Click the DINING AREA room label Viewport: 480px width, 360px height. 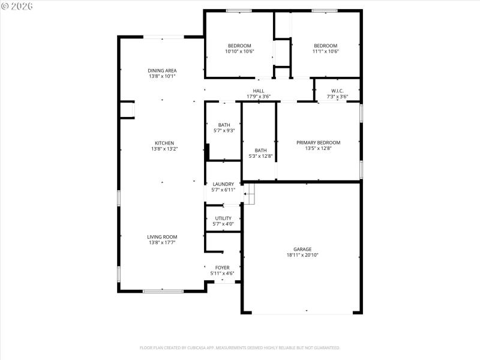(x=162, y=70)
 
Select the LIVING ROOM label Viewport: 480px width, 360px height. (x=162, y=237)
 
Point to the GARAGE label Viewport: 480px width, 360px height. (x=302, y=249)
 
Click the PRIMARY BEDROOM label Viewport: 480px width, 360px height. (x=318, y=143)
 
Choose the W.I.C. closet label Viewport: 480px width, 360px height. (x=337, y=91)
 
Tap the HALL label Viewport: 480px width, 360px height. (x=259, y=91)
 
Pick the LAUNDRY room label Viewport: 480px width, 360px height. (x=223, y=184)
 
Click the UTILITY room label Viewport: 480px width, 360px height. (x=223, y=218)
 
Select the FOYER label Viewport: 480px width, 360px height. (x=222, y=268)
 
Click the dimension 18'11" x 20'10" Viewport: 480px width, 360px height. (x=302, y=255)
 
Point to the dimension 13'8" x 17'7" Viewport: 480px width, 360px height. (x=162, y=243)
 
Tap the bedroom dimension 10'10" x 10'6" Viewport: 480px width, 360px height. (x=239, y=52)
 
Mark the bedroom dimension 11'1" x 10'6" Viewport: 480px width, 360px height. (x=326, y=52)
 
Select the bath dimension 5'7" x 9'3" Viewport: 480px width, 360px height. (x=224, y=131)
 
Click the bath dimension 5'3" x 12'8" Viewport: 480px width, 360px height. (x=260, y=157)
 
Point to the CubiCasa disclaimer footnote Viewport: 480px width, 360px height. (x=240, y=347)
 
